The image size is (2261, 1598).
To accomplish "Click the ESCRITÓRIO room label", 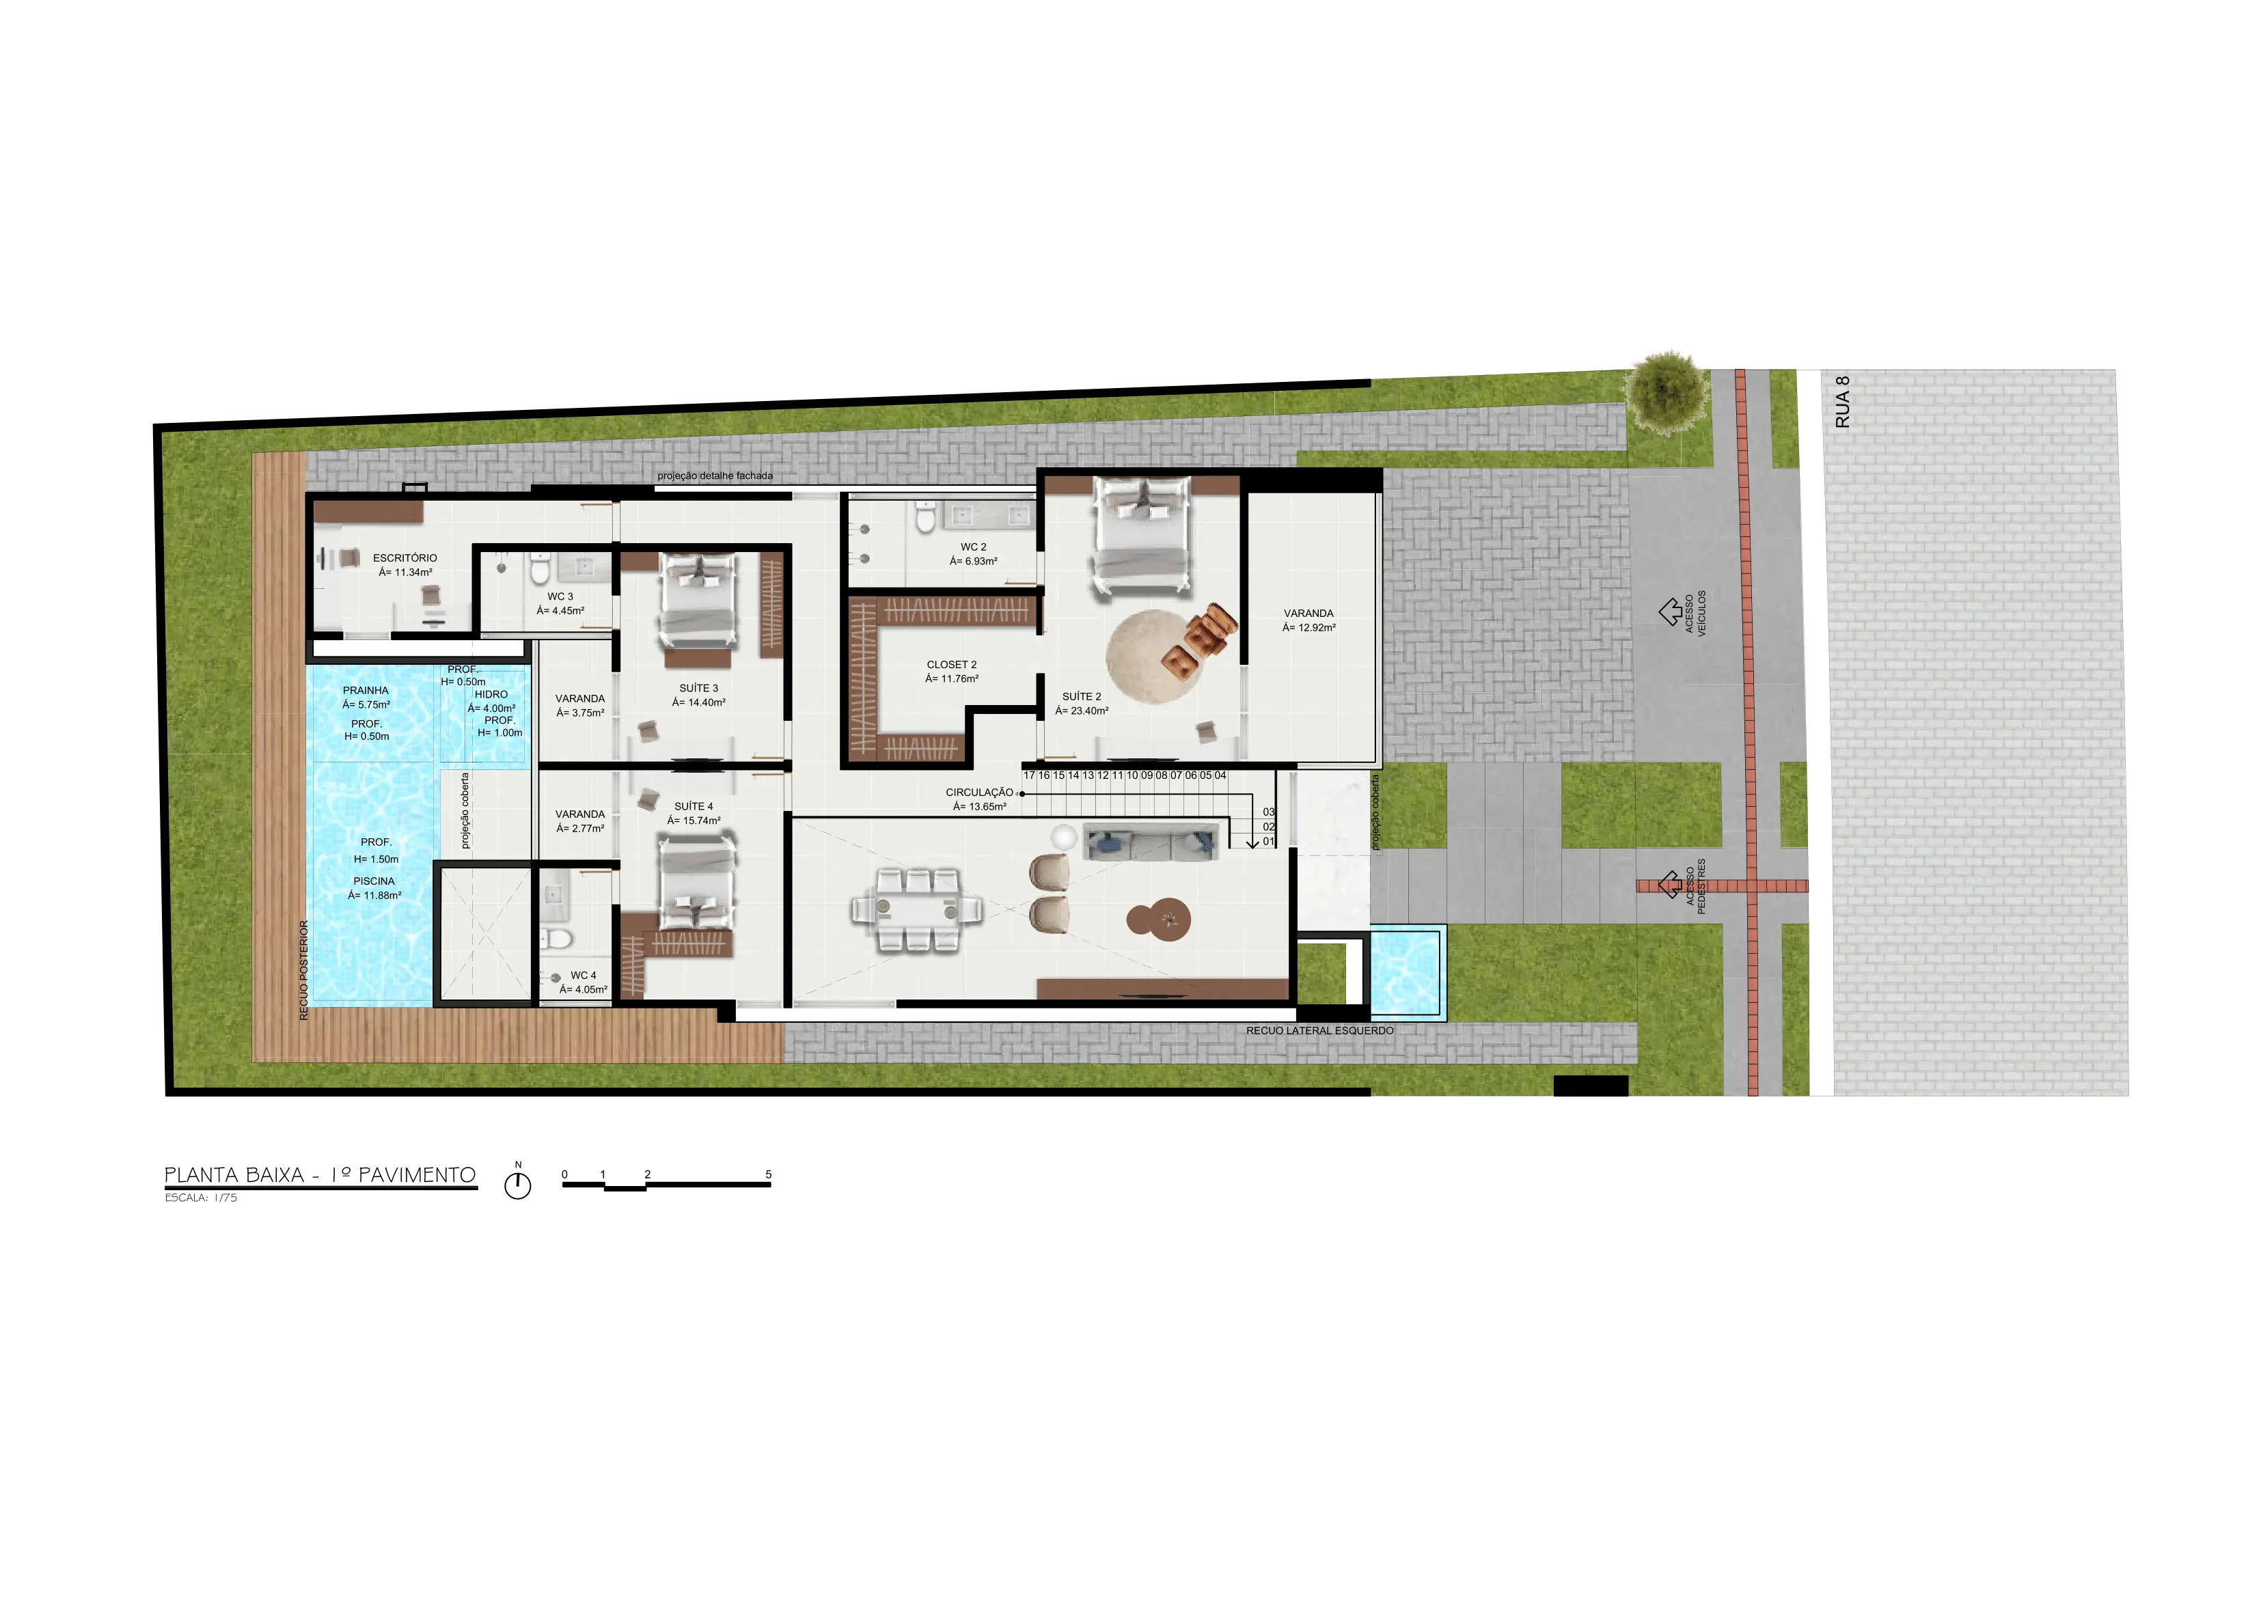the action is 405,558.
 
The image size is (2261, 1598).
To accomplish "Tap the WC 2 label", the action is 973,547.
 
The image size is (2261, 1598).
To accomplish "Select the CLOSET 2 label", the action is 951,665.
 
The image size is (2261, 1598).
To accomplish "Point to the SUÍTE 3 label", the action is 698,688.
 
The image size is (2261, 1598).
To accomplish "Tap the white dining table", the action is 917,910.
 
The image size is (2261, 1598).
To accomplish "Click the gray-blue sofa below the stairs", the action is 1150,842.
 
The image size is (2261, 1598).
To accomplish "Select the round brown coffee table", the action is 1159,920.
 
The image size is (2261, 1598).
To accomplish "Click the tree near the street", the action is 1667,392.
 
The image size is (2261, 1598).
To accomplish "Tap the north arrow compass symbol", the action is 518,1185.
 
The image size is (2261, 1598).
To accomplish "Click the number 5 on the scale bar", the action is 768,1174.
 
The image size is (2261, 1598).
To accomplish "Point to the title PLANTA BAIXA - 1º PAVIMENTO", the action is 320,1174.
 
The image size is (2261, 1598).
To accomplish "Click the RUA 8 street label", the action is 1842,402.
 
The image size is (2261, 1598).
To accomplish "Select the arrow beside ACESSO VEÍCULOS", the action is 1670,612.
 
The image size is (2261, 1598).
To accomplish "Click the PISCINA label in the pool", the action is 374,882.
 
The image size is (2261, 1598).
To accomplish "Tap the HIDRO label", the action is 491,695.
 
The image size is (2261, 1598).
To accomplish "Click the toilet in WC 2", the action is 924,517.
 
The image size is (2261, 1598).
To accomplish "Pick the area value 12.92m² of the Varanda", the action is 1308,628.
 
